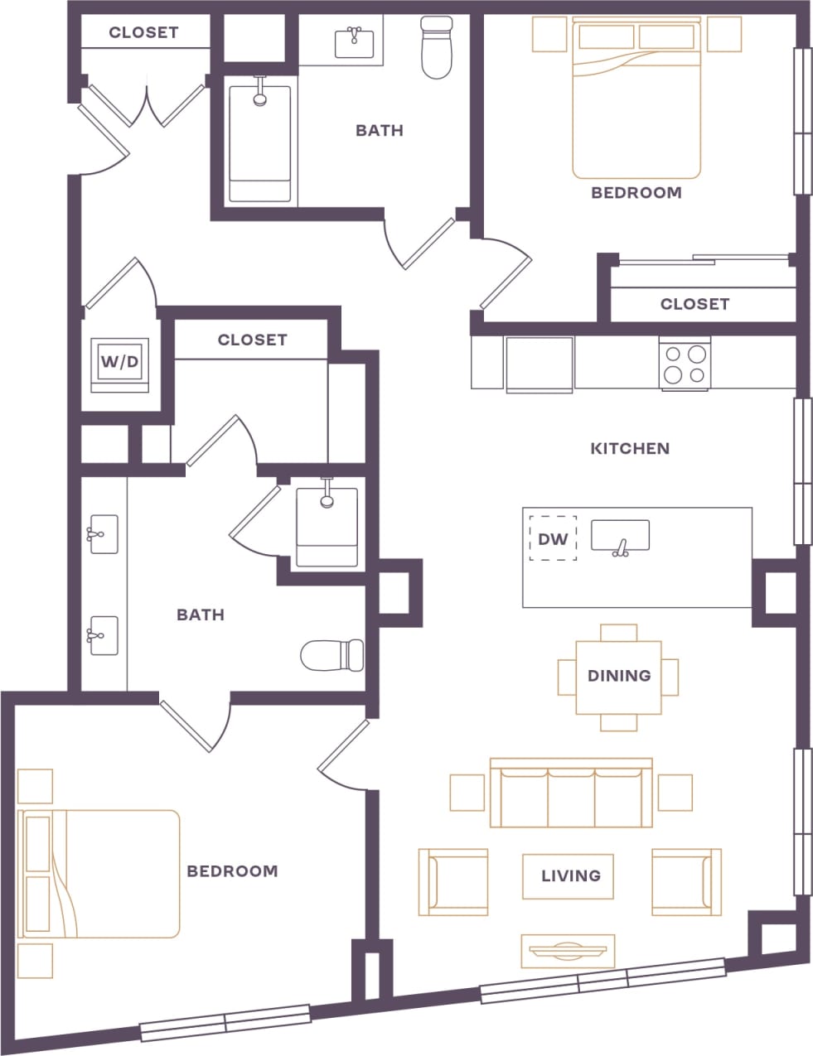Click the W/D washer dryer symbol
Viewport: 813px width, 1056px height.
119,363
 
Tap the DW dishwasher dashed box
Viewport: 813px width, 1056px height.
553,539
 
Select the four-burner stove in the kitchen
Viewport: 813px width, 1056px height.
685,364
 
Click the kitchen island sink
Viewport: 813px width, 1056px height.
620,537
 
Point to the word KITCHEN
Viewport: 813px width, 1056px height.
630,448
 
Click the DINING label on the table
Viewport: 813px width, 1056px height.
618,676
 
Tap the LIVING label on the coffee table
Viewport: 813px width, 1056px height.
570,875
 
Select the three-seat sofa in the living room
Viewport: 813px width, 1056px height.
571,793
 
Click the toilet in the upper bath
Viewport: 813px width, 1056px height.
436,48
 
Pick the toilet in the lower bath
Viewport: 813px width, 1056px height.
331,655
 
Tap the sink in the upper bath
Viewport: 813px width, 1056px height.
355,42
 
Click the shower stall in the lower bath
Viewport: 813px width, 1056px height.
327,527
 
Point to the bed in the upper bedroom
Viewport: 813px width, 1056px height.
636,99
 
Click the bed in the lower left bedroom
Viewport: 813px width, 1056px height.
99,874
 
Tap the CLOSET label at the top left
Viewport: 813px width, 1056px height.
143,32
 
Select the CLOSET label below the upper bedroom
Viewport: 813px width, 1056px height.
694,304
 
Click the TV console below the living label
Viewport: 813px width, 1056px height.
568,951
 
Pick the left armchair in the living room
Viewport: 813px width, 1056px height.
452,881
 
